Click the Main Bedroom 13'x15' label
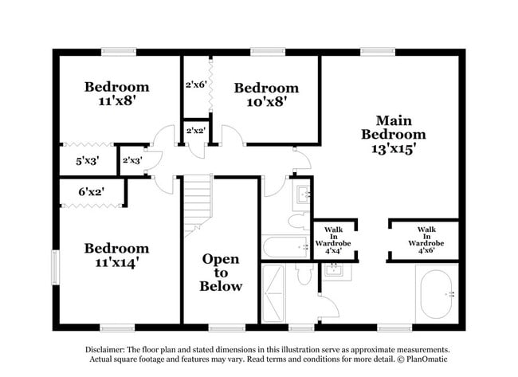393,134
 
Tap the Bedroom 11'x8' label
117,94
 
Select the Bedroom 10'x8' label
266,94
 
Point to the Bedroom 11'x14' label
117,255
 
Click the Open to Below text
221,273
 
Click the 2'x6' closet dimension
196,84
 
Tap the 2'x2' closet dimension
195,131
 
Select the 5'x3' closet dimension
86,160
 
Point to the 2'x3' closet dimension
132,160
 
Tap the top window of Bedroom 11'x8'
117,53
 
